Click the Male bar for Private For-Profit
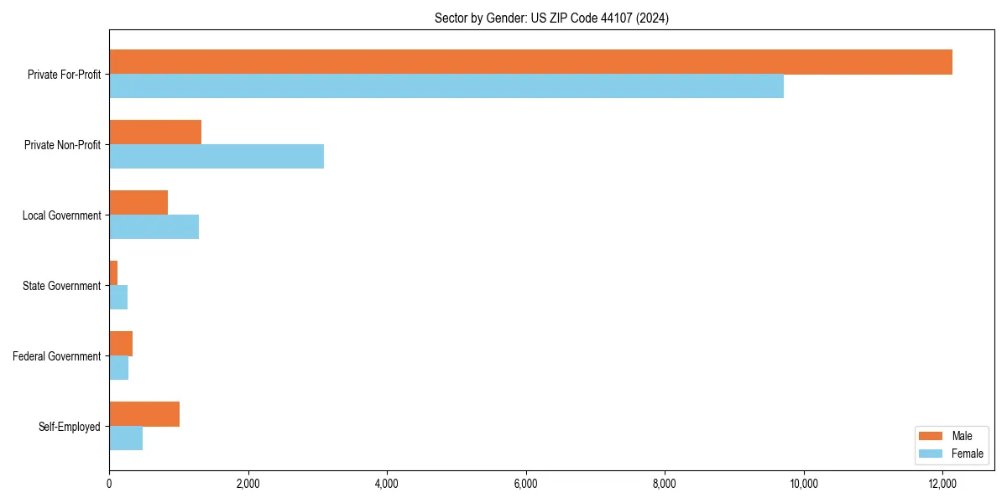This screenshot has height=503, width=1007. tap(530, 62)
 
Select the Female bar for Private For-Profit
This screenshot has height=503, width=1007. tap(446, 86)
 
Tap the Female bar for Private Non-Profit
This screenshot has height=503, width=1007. tap(217, 157)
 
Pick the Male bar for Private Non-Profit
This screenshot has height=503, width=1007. tap(155, 132)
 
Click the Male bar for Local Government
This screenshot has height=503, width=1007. tap(138, 203)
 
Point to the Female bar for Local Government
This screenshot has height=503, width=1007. tap(154, 227)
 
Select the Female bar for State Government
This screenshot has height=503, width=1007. tap(118, 298)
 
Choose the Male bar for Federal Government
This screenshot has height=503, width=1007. tap(121, 344)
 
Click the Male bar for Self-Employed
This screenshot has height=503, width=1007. tap(144, 414)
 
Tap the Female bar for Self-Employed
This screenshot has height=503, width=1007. tap(126, 438)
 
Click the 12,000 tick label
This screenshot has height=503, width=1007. tap(942, 484)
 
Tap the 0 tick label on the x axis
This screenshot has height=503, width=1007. tap(109, 484)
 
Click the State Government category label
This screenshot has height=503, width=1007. tap(61, 286)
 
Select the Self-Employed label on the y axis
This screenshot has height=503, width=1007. tap(69, 427)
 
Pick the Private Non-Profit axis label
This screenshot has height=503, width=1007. tap(62, 145)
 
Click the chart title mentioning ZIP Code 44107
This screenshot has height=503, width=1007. tap(551, 18)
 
